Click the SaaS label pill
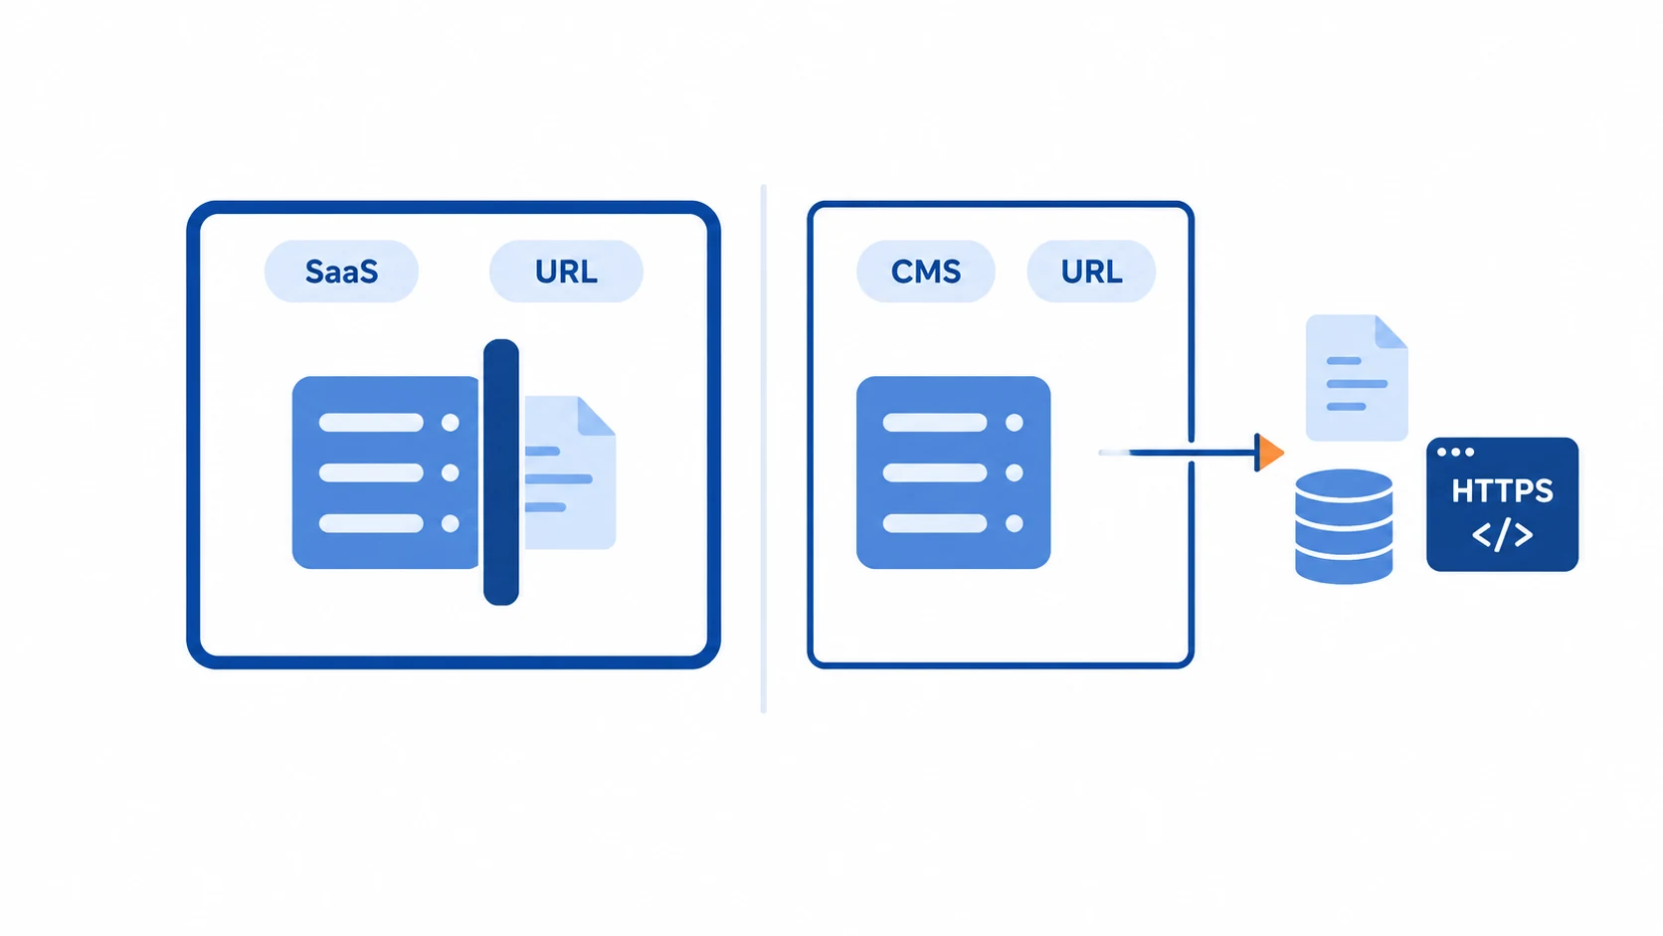341,271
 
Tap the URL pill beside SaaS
566,271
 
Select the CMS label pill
925,271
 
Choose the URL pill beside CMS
1091,271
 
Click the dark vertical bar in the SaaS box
501,472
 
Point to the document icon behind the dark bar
570,472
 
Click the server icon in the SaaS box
386,472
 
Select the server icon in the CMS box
953,472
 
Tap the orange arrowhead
1269,452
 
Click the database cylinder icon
1344,526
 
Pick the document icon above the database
1357,378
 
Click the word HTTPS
1502,490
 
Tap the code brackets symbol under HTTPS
1502,534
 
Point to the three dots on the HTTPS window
1455,452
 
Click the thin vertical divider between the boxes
763,449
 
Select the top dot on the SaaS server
450,423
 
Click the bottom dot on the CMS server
1015,523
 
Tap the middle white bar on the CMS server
935,472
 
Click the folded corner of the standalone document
1391,331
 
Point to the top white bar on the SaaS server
371,423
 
